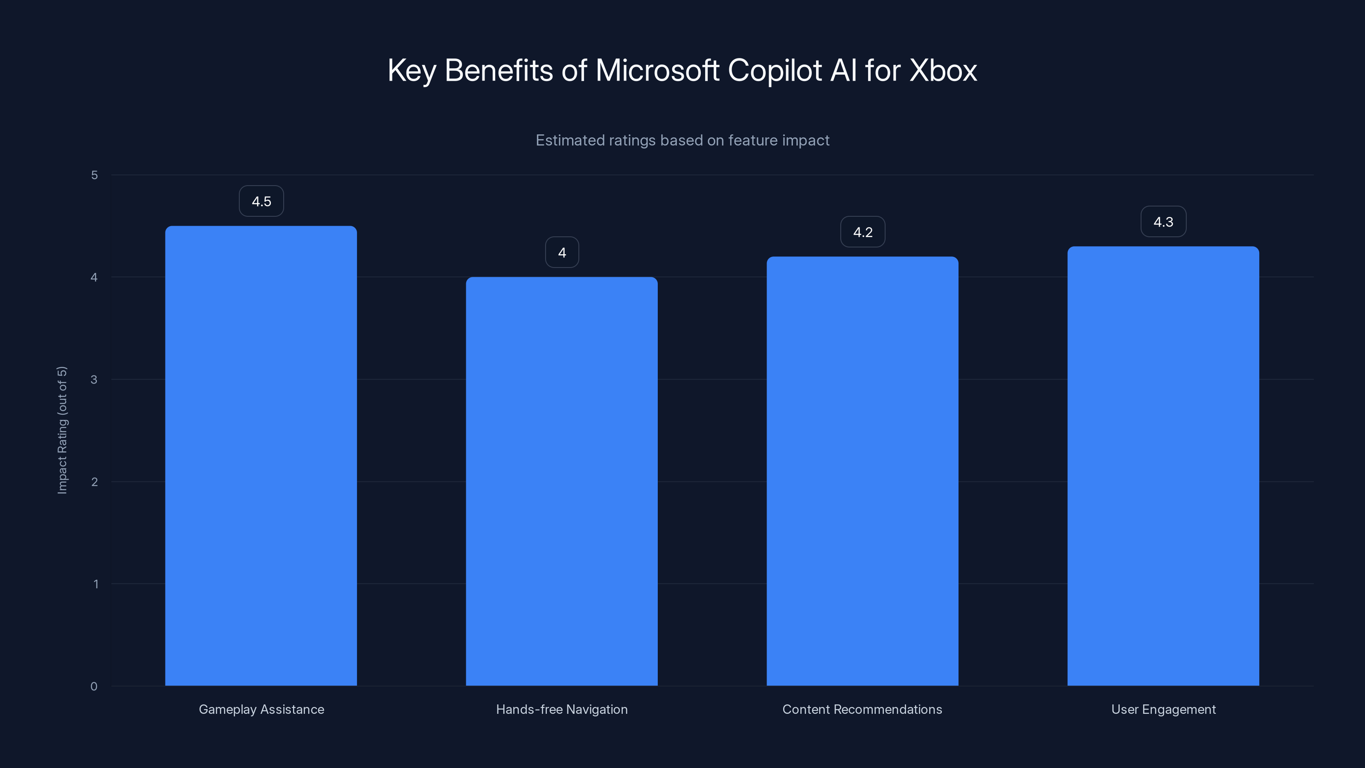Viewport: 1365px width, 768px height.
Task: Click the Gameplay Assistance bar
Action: click(261, 456)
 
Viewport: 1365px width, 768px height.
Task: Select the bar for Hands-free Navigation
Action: click(562, 481)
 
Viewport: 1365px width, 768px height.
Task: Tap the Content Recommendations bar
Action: click(862, 471)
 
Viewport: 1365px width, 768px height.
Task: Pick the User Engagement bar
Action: click(1163, 466)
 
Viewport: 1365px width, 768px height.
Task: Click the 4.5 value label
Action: click(261, 201)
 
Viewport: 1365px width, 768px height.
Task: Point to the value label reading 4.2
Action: click(863, 232)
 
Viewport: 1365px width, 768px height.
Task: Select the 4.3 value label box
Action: click(1163, 222)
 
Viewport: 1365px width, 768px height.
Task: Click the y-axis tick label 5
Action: click(94, 175)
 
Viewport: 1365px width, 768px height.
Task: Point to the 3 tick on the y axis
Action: click(94, 379)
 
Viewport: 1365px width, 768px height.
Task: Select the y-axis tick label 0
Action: click(94, 687)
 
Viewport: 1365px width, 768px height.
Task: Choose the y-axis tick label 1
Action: click(96, 584)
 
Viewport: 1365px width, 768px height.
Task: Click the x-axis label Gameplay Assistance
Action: click(261, 709)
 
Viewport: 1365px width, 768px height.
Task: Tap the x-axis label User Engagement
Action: click(1163, 709)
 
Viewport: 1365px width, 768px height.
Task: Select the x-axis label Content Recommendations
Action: click(862, 709)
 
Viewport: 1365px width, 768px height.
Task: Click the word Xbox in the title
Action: click(943, 70)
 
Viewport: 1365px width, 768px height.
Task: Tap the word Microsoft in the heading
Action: click(657, 70)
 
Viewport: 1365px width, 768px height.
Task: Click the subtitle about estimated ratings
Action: click(682, 140)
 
